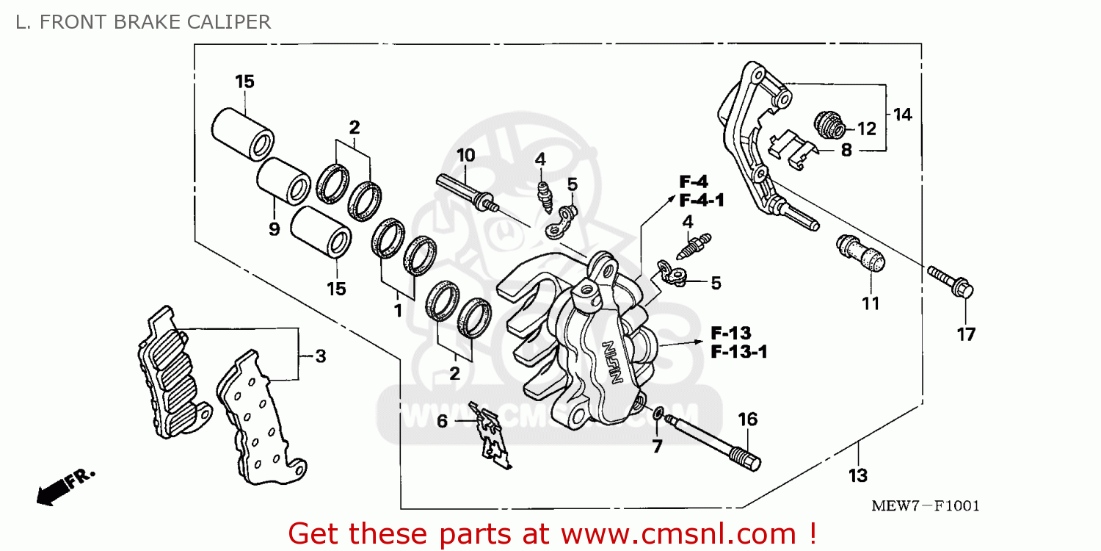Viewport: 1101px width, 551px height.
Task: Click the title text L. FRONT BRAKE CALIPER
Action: (x=143, y=22)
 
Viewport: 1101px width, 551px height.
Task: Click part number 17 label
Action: (x=966, y=335)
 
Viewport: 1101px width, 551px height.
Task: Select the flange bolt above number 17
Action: (x=951, y=283)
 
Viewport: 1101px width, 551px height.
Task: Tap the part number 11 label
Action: (x=871, y=303)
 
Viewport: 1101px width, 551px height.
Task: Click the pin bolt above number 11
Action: (x=861, y=254)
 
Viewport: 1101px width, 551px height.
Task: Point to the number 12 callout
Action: (x=867, y=129)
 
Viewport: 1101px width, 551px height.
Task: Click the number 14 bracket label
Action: (x=902, y=115)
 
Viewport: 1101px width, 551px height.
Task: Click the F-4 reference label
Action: (x=694, y=181)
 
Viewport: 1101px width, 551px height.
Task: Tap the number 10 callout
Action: (x=465, y=156)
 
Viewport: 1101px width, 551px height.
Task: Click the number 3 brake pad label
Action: (x=320, y=357)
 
